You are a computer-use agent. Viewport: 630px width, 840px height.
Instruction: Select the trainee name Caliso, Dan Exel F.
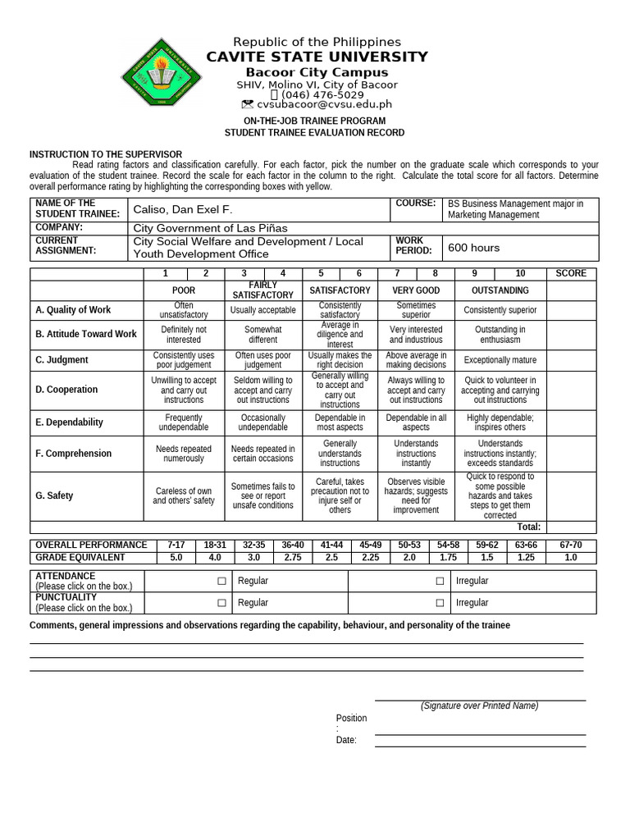(x=183, y=210)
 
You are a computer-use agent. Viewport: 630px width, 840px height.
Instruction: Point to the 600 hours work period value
(x=472, y=248)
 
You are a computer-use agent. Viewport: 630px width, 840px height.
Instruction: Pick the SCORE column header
(x=571, y=273)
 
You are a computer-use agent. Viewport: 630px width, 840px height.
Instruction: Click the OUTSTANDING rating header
(x=500, y=290)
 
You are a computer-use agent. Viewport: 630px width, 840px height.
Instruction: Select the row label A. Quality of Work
(x=73, y=310)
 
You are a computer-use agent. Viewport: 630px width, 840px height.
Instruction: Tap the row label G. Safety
(x=54, y=495)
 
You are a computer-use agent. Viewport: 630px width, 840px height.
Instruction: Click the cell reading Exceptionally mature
(x=500, y=360)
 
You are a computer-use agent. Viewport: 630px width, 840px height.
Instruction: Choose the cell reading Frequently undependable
(x=183, y=422)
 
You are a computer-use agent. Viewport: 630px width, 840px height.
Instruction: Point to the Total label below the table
(x=528, y=527)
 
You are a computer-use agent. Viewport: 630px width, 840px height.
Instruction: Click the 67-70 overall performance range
(x=571, y=545)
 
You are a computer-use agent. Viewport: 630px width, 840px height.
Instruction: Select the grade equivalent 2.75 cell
(x=292, y=558)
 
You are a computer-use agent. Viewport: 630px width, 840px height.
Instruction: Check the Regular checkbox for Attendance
(x=221, y=582)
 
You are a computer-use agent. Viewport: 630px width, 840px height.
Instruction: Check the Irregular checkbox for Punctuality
(x=441, y=603)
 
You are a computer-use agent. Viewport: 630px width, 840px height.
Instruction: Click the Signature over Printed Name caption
(x=480, y=706)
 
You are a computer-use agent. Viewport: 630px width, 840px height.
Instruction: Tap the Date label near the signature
(x=346, y=740)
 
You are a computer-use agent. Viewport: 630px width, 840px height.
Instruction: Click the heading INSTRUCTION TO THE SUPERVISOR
(x=106, y=154)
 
